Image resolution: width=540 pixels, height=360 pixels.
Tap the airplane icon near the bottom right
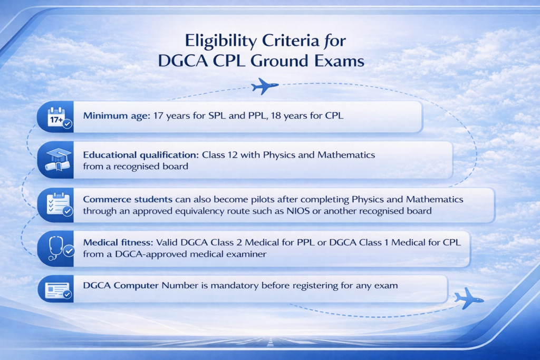pyautogui.click(x=468, y=298)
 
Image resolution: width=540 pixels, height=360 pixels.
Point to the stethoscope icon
pyautogui.click(x=56, y=247)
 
